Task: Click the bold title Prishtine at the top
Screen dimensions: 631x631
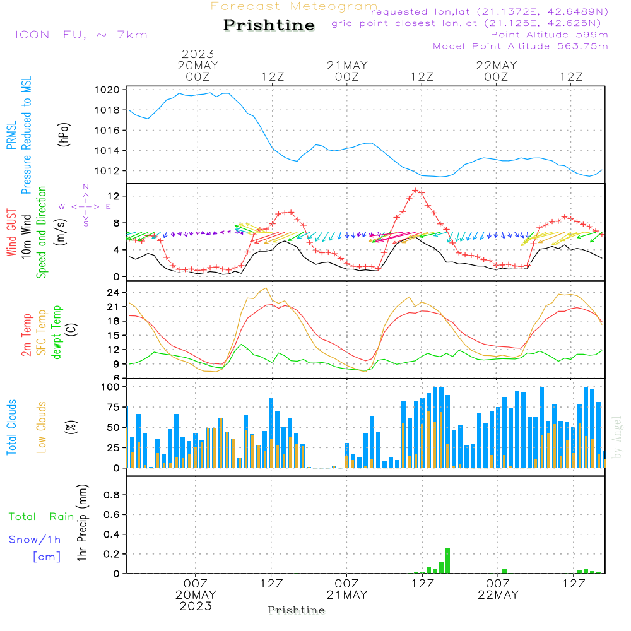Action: point(269,25)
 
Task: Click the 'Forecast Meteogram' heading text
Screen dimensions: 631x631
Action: point(294,6)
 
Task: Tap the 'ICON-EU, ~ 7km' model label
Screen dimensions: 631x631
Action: point(81,35)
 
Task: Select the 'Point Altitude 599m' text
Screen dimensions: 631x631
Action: point(549,35)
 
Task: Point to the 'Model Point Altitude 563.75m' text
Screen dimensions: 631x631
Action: point(521,46)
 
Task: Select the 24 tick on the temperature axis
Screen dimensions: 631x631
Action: point(114,293)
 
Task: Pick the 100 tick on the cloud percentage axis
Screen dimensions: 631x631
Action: point(111,386)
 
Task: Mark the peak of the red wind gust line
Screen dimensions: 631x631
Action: point(416,189)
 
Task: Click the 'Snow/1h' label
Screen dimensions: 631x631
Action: point(35,540)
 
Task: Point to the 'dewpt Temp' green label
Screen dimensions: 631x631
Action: point(57,333)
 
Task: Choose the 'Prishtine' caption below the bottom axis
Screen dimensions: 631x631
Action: point(296,610)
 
